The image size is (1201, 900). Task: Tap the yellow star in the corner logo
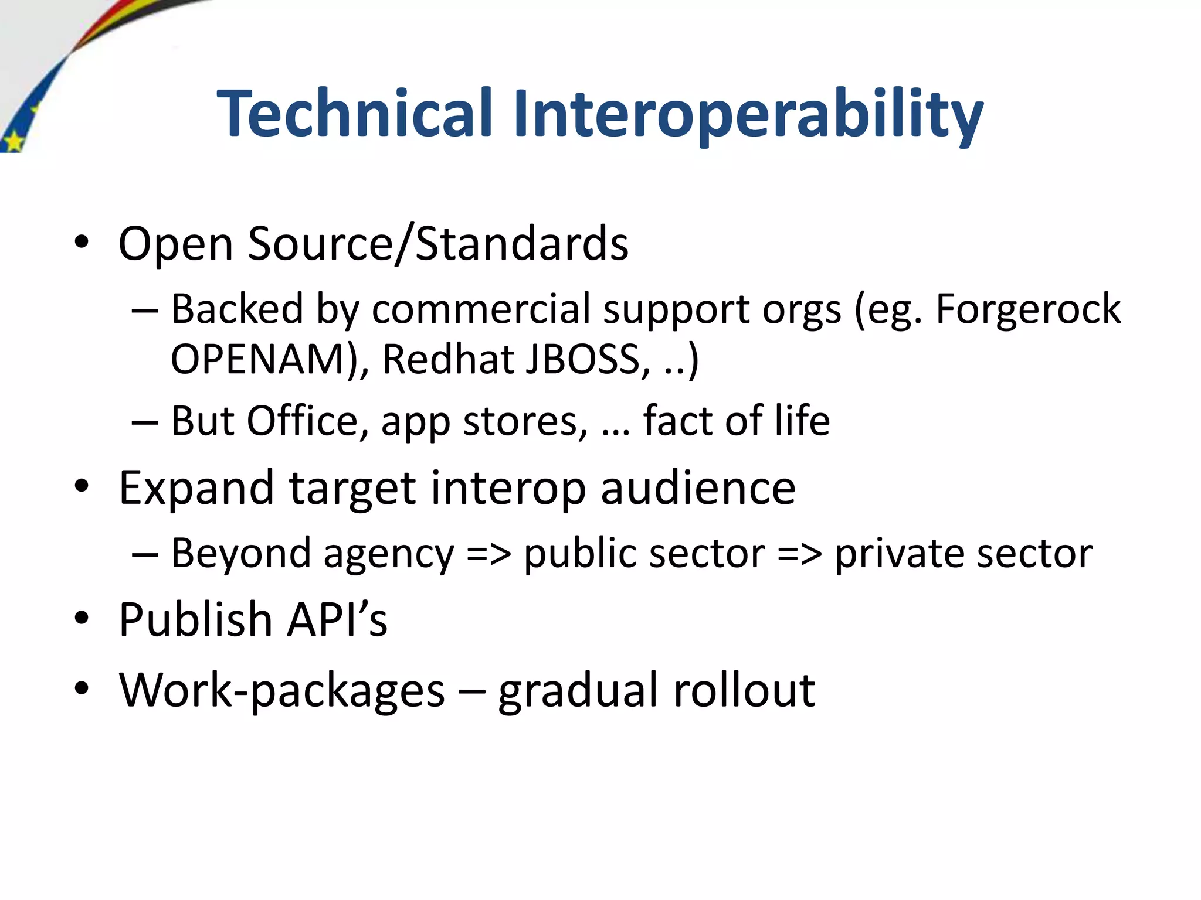click(13, 141)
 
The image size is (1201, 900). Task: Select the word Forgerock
click(1027, 309)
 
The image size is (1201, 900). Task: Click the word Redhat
click(448, 359)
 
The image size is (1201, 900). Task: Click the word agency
click(389, 554)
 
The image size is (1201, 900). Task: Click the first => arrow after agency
click(488, 554)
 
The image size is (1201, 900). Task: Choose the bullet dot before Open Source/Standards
click(82, 242)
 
